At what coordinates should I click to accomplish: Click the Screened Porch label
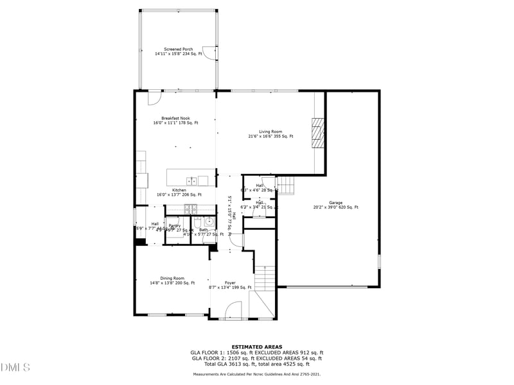pos(178,52)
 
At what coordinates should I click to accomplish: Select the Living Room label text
pos(270,134)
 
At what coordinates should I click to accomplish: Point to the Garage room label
pos(335,205)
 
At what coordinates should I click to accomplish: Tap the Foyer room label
pos(229,285)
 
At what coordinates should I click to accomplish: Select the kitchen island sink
pos(191,180)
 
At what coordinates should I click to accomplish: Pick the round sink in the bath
pos(209,222)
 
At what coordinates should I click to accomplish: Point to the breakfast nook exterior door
pos(154,98)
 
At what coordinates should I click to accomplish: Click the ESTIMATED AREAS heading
pos(256,347)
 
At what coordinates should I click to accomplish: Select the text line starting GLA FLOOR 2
pos(256,358)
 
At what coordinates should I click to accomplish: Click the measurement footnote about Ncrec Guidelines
pos(256,373)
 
